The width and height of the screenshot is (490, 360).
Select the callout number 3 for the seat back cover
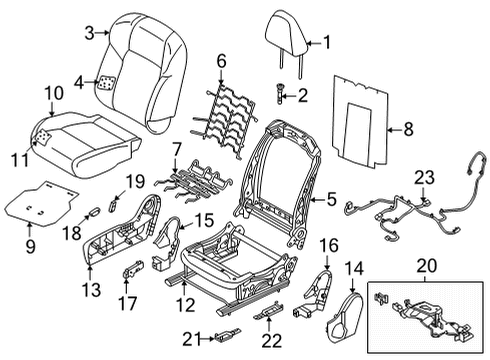[x=89, y=33]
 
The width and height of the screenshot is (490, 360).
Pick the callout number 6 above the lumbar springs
[x=222, y=60]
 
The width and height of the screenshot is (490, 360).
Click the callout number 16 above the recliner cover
[x=328, y=245]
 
